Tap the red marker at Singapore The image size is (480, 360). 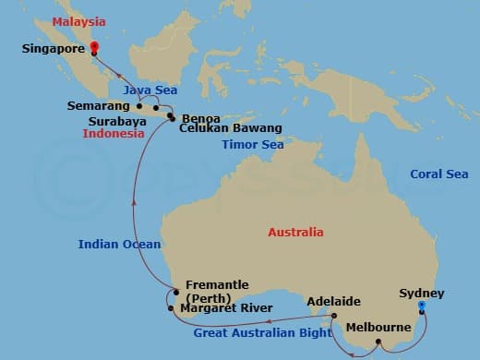pyautogui.click(x=94, y=52)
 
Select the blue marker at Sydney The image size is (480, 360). pyautogui.click(x=421, y=306)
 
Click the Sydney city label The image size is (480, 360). pyautogui.click(x=421, y=294)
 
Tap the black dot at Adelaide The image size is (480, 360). pyautogui.click(x=335, y=316)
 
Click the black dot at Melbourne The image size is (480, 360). pyautogui.click(x=378, y=344)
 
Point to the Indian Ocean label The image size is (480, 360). pyautogui.click(x=119, y=245)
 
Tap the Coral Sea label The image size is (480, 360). pyautogui.click(x=438, y=174)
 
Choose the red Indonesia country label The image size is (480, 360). pyautogui.click(x=114, y=133)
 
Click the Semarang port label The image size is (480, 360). pyautogui.click(x=95, y=106)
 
